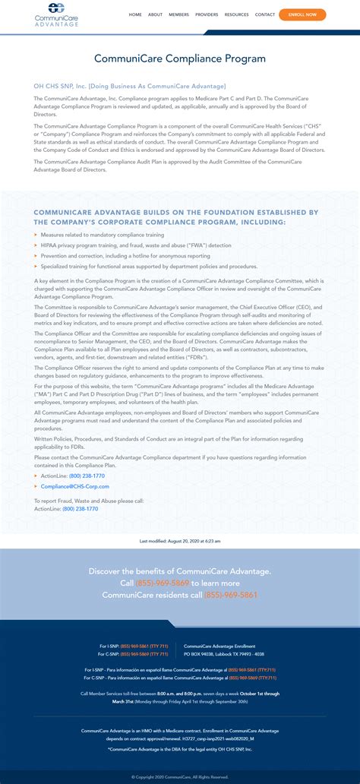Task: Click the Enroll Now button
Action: click(302, 14)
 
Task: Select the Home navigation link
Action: click(135, 14)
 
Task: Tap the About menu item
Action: click(155, 14)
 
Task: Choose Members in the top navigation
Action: click(178, 14)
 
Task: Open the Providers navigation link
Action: click(207, 14)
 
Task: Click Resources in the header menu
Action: click(236, 14)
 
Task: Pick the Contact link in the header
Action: click(265, 14)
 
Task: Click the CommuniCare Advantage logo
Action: click(57, 14)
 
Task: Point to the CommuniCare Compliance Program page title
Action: click(180, 58)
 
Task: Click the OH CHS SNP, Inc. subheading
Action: click(130, 87)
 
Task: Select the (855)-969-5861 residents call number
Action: click(231, 595)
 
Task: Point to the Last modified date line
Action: click(180, 541)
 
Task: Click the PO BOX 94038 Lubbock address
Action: click(224, 653)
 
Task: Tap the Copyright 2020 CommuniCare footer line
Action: click(180, 776)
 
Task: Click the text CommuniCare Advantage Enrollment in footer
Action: click(219, 646)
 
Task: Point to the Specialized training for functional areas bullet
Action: click(149, 267)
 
